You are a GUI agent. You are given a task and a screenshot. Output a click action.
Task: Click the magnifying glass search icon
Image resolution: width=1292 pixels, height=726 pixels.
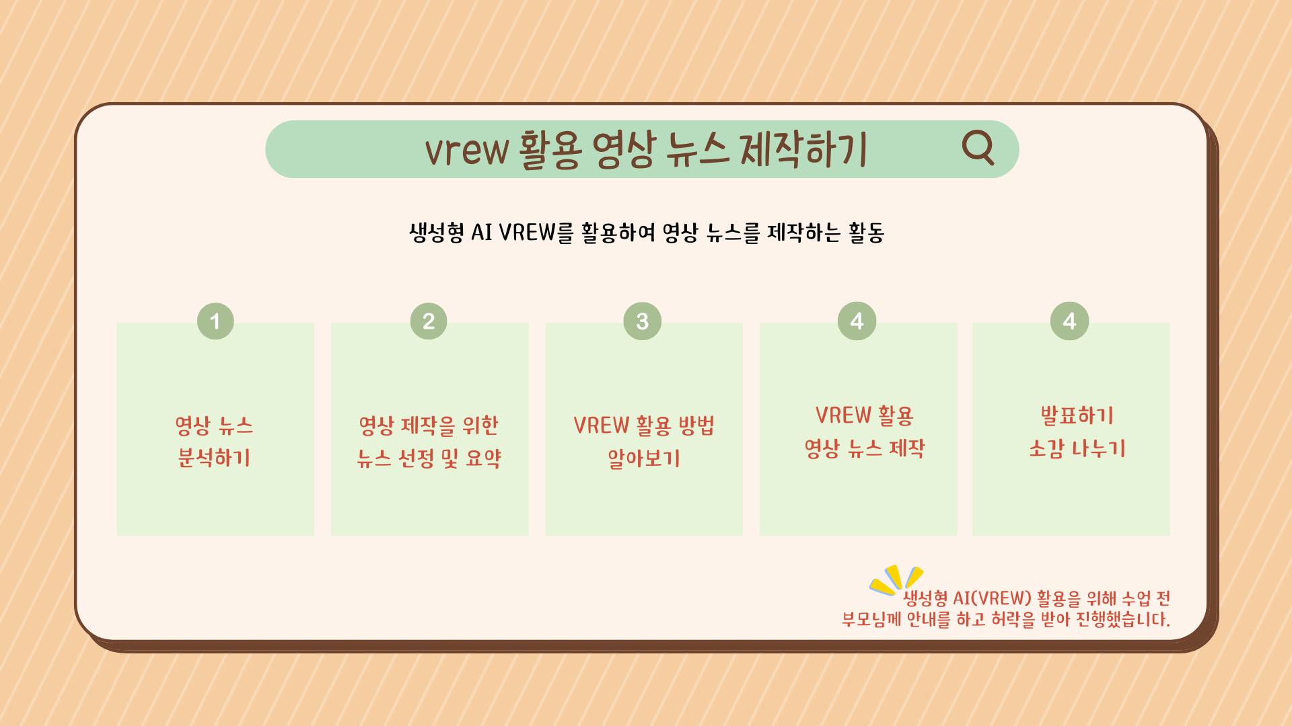[x=978, y=147]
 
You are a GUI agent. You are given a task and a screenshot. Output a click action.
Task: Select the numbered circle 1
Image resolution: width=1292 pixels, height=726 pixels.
[x=215, y=321]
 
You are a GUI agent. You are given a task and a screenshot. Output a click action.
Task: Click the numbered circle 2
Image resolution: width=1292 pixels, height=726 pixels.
[x=429, y=321]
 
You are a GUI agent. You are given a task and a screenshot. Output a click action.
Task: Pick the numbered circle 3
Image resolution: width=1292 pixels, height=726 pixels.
[x=643, y=321]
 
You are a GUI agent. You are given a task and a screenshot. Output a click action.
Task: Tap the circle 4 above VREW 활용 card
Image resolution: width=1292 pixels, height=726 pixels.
[x=857, y=321]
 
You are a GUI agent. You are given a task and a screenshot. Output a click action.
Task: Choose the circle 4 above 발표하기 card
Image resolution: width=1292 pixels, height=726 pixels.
[x=1069, y=321]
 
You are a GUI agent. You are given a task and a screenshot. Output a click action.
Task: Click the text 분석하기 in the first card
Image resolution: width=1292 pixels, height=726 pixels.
[x=214, y=458]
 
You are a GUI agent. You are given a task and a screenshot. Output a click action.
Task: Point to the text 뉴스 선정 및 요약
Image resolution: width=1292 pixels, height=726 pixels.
[x=429, y=458]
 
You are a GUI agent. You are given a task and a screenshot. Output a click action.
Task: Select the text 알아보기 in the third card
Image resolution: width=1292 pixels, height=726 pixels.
[x=644, y=458]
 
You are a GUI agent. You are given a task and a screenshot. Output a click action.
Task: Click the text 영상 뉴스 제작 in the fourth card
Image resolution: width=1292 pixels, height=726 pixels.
[x=865, y=448]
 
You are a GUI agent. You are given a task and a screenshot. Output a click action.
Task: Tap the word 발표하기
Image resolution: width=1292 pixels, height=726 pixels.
[x=1077, y=415]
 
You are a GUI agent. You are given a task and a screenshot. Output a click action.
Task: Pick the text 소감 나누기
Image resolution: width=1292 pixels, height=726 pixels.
[x=1077, y=448]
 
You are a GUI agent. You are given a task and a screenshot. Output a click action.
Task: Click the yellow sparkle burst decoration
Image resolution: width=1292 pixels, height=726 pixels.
[x=896, y=580]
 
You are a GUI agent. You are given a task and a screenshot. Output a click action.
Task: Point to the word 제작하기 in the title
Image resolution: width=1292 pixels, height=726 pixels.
[x=803, y=149]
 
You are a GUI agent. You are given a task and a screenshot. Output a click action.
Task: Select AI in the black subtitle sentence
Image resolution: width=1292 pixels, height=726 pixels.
[x=482, y=233]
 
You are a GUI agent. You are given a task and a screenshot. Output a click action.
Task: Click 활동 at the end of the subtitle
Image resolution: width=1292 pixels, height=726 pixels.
[x=867, y=233]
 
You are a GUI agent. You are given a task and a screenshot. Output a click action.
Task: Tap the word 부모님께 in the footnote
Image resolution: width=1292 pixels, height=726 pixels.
[x=871, y=619]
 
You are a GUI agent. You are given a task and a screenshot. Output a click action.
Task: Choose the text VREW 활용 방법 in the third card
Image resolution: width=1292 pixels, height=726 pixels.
[x=644, y=426]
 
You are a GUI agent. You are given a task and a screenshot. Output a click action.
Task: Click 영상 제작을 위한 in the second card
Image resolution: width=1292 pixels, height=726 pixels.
[x=429, y=426]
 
